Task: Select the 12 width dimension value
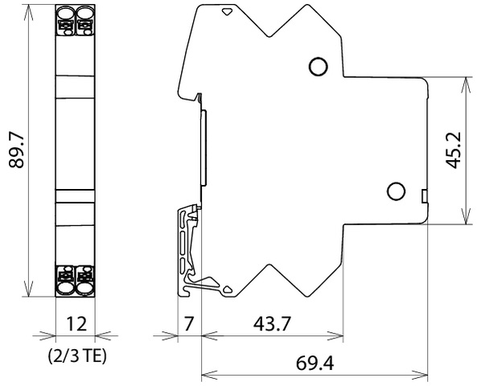(76, 323)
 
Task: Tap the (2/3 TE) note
(77, 355)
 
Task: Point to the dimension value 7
(188, 323)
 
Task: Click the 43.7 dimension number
(272, 323)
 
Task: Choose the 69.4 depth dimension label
(315, 363)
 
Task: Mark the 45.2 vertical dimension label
(454, 150)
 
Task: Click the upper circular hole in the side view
(318, 66)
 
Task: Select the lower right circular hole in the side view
(396, 191)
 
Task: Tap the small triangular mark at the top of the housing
(227, 12)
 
